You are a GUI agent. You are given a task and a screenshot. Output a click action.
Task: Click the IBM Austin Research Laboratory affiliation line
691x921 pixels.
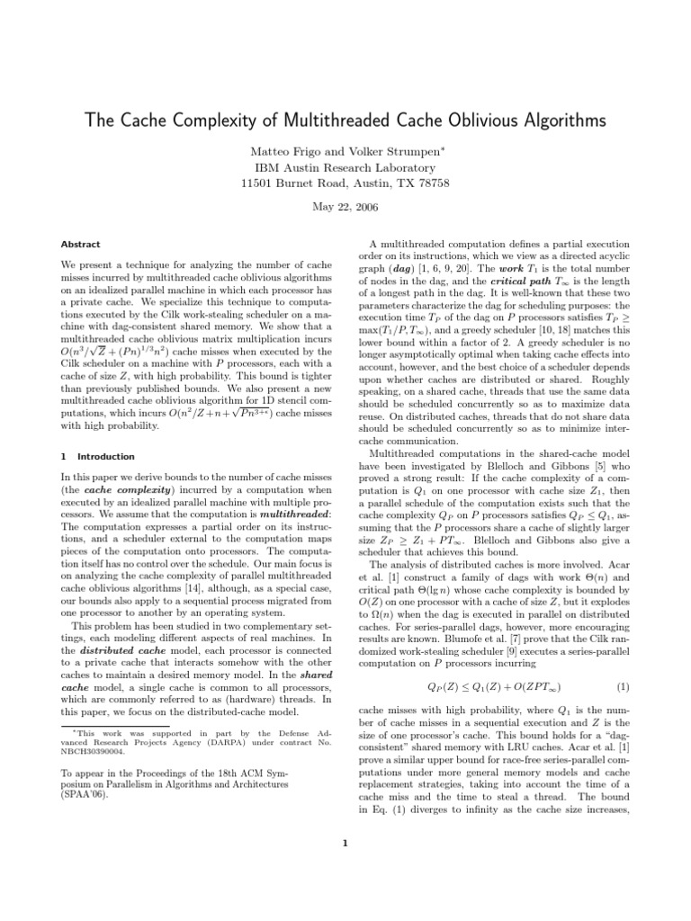(x=345, y=168)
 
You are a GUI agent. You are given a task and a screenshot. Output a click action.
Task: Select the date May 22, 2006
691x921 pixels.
(x=345, y=207)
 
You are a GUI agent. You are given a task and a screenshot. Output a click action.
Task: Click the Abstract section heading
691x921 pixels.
(x=80, y=244)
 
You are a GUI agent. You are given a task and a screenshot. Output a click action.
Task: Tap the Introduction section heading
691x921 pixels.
(x=105, y=457)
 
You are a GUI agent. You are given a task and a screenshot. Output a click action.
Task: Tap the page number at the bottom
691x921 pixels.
(x=345, y=844)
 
